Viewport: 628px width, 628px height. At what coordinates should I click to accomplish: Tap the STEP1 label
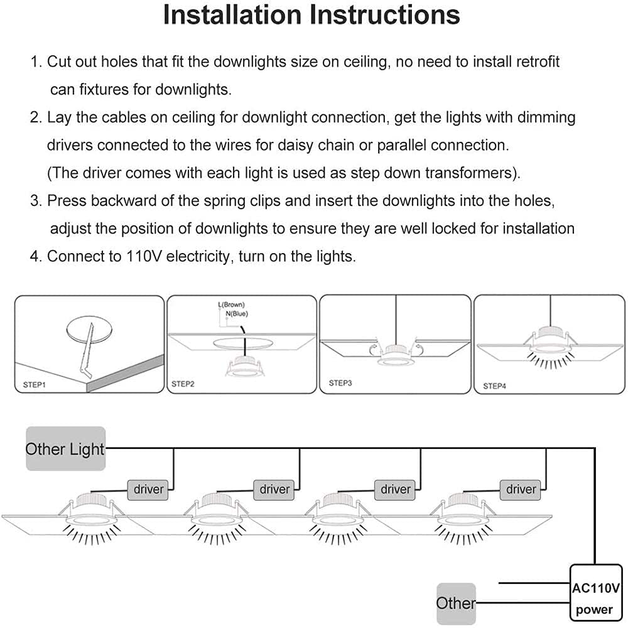point(30,383)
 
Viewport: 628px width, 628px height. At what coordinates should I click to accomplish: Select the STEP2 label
point(183,383)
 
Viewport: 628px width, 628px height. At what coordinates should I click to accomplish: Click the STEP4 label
point(495,386)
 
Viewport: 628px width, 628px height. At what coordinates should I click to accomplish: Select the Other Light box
point(65,448)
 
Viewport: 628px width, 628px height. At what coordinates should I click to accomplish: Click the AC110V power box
point(595,599)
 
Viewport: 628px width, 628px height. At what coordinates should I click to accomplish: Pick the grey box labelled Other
point(457,603)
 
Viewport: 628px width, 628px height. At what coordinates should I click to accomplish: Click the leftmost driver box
point(149,489)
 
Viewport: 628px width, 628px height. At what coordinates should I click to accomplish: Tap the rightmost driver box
point(521,489)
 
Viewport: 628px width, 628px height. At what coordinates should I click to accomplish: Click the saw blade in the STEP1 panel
point(89,352)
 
